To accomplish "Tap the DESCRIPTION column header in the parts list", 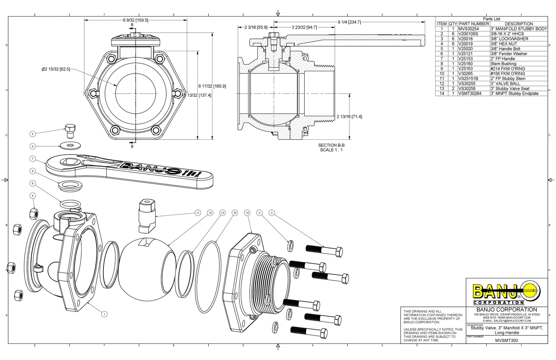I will [x=519, y=24].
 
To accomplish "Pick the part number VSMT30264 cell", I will [x=469, y=94].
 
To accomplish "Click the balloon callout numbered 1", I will [x=104, y=314].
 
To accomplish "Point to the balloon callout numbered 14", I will [x=247, y=213].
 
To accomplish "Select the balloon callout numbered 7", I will [x=33, y=159].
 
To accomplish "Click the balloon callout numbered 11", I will [x=198, y=213].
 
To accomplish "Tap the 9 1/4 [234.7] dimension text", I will [x=349, y=22].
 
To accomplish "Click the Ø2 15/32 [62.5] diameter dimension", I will [x=56, y=69].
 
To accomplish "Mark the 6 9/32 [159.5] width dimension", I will [x=135, y=20].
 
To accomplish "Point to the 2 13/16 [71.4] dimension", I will [x=349, y=117].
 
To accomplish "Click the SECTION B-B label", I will [x=331, y=145].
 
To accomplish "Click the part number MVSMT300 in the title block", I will [x=506, y=340].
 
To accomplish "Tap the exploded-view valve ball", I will [x=144, y=266].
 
